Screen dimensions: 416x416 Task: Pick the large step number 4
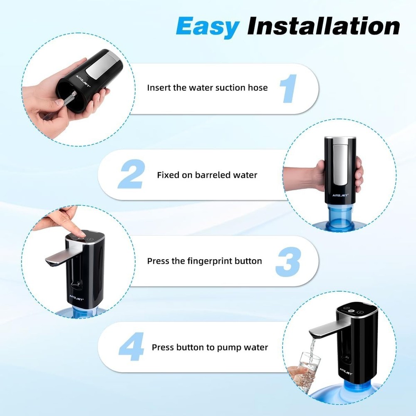point(131,347)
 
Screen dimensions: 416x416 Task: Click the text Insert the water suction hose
point(207,88)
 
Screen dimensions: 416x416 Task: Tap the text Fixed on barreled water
point(207,175)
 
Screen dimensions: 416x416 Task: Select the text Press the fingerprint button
point(204,261)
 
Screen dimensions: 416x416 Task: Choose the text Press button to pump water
point(210,347)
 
